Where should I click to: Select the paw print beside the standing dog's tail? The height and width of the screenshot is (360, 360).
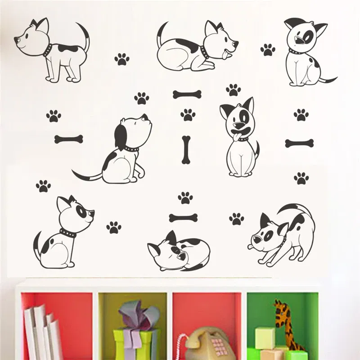pyautogui.click(x=121, y=59)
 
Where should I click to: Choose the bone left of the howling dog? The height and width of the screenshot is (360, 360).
pyautogui.click(x=68, y=139)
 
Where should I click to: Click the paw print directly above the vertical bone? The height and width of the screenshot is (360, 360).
pyautogui.click(x=188, y=115)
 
